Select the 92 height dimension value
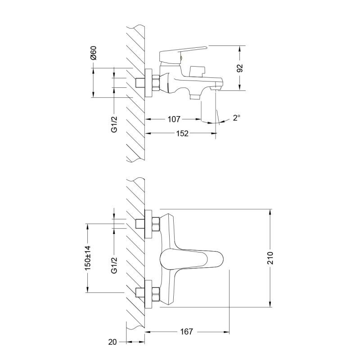point(240,68)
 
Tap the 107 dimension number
point(173,119)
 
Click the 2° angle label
point(236,118)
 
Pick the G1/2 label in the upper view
point(114,123)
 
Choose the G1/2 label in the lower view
point(114,264)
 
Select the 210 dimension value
point(271,258)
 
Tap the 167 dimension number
point(186,332)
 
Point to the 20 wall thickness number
point(113,342)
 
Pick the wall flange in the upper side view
point(148,83)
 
